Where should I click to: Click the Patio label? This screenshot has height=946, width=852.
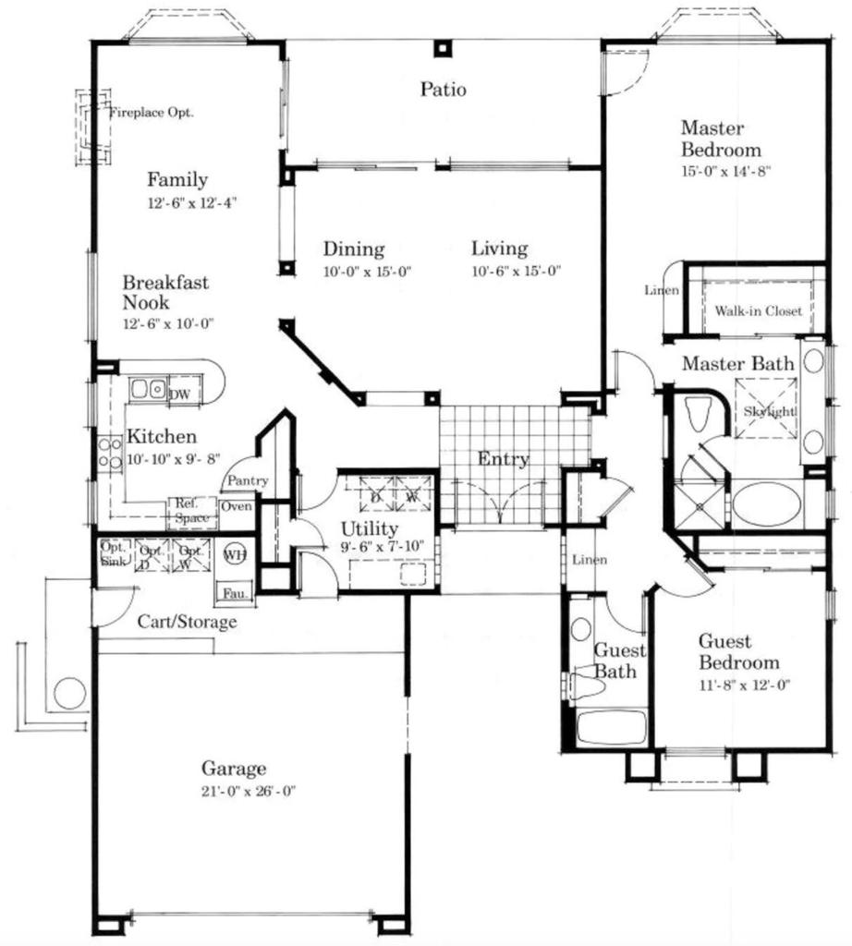tap(444, 90)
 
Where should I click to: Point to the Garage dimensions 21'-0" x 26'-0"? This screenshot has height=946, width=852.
tap(234, 791)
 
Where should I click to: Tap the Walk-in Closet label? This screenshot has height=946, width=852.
tap(758, 311)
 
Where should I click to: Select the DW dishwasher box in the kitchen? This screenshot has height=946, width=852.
tap(180, 394)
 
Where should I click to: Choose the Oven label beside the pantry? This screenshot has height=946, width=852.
tap(236, 506)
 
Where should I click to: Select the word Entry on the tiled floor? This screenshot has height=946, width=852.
tap(503, 459)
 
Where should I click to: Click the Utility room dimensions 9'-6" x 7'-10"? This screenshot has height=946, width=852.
tap(382, 548)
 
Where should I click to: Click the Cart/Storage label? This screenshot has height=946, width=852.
tap(187, 622)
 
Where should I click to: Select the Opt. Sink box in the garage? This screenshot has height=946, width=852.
tap(113, 552)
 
